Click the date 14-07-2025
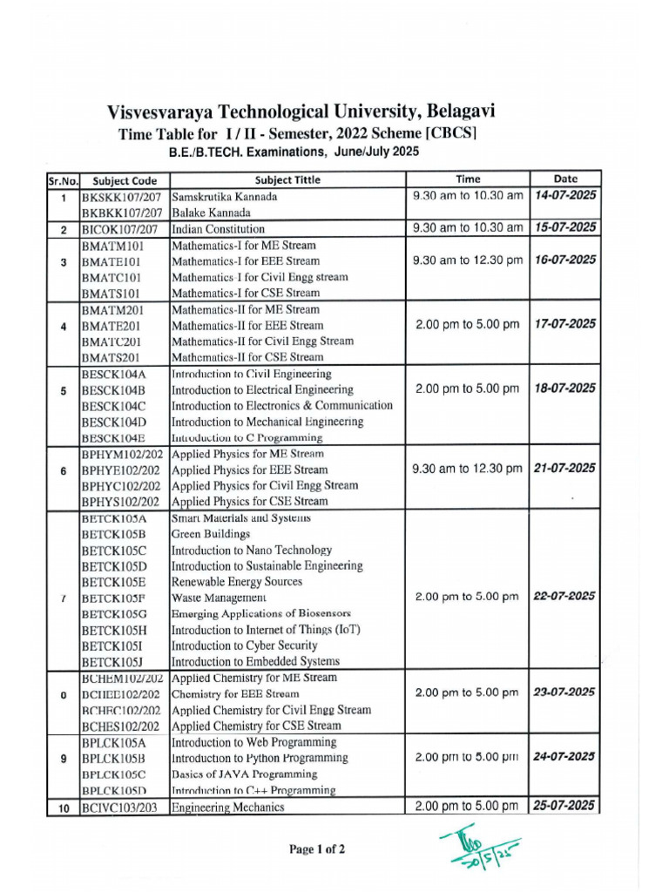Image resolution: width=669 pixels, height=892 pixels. (566, 195)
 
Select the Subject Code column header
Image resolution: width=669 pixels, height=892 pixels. (125, 180)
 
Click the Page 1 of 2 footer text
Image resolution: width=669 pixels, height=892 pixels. (317, 849)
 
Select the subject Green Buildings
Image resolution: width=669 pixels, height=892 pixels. (210, 534)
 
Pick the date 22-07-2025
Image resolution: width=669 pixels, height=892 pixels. (564, 597)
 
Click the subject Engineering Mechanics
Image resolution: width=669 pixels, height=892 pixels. (228, 808)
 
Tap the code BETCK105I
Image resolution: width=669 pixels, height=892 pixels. (113, 646)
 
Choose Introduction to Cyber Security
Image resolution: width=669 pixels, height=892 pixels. (244, 646)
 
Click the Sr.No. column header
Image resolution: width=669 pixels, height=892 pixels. (57, 180)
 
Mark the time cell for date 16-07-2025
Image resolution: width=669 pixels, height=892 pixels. (468, 260)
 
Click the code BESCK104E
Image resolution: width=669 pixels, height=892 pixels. (114, 438)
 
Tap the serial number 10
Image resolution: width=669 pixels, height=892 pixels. (63, 808)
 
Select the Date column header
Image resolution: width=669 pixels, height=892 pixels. (565, 179)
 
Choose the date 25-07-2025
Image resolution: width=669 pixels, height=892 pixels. (564, 806)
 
